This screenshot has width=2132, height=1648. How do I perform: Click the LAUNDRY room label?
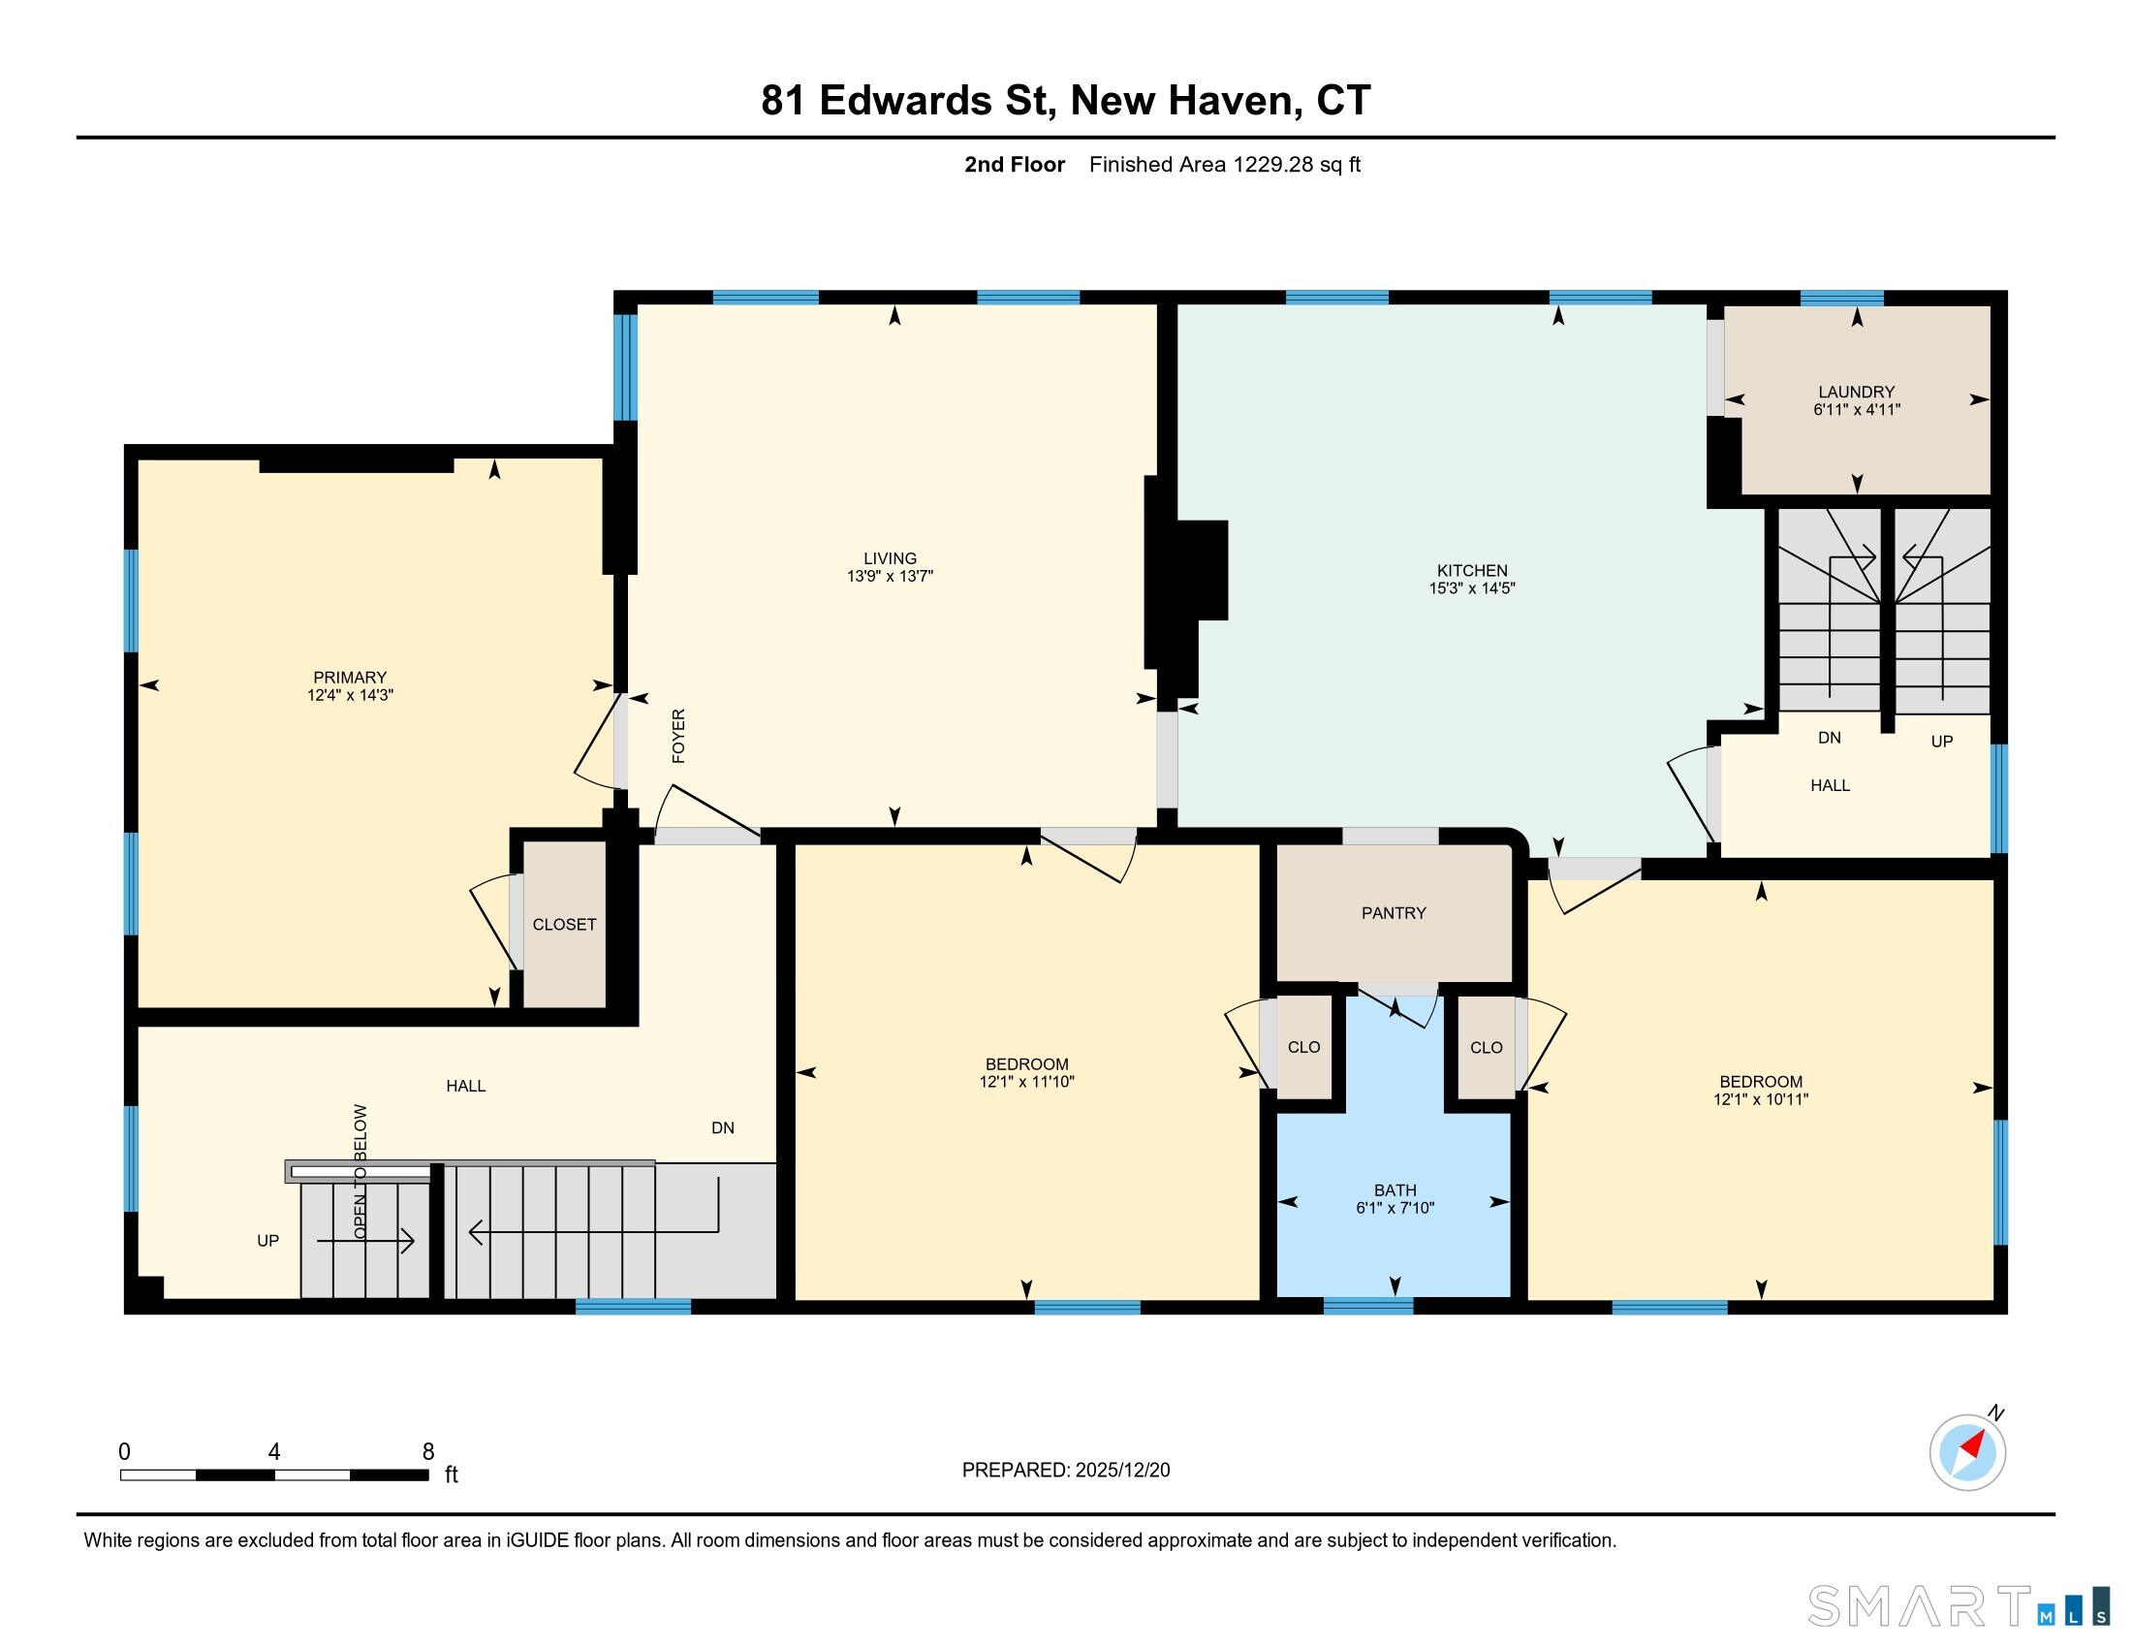[x=1856, y=392]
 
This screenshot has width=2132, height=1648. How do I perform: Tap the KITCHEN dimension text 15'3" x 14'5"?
[x=1471, y=587]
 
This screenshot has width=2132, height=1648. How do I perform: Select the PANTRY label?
[x=1393, y=913]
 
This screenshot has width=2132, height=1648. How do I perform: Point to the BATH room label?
[x=1395, y=1190]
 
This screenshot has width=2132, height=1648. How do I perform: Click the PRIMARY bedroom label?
[x=350, y=678]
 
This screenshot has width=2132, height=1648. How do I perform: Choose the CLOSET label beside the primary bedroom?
[x=564, y=925]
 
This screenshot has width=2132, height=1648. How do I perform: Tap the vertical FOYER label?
[x=678, y=735]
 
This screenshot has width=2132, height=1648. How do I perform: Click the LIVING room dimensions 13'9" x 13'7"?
[x=890, y=576]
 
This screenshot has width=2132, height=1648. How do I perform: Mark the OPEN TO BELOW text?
[x=361, y=1172]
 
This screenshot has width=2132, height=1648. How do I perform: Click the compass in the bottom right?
[x=1968, y=1451]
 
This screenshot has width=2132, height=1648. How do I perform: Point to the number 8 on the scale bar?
[x=427, y=1452]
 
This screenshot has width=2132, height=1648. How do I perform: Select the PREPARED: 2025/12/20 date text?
[x=1066, y=1471]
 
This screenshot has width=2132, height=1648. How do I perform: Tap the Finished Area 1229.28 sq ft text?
[x=1225, y=164]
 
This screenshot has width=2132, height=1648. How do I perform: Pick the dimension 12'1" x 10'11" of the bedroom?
[x=1761, y=1099]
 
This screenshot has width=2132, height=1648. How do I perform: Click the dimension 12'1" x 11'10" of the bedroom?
[x=1027, y=1082]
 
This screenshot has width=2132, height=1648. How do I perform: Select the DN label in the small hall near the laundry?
[x=1830, y=738]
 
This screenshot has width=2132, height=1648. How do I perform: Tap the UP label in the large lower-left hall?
[x=267, y=1241]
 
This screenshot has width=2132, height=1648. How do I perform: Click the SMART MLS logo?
[x=1959, y=1606]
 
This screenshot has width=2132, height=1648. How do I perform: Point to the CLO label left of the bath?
[x=1303, y=1048]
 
